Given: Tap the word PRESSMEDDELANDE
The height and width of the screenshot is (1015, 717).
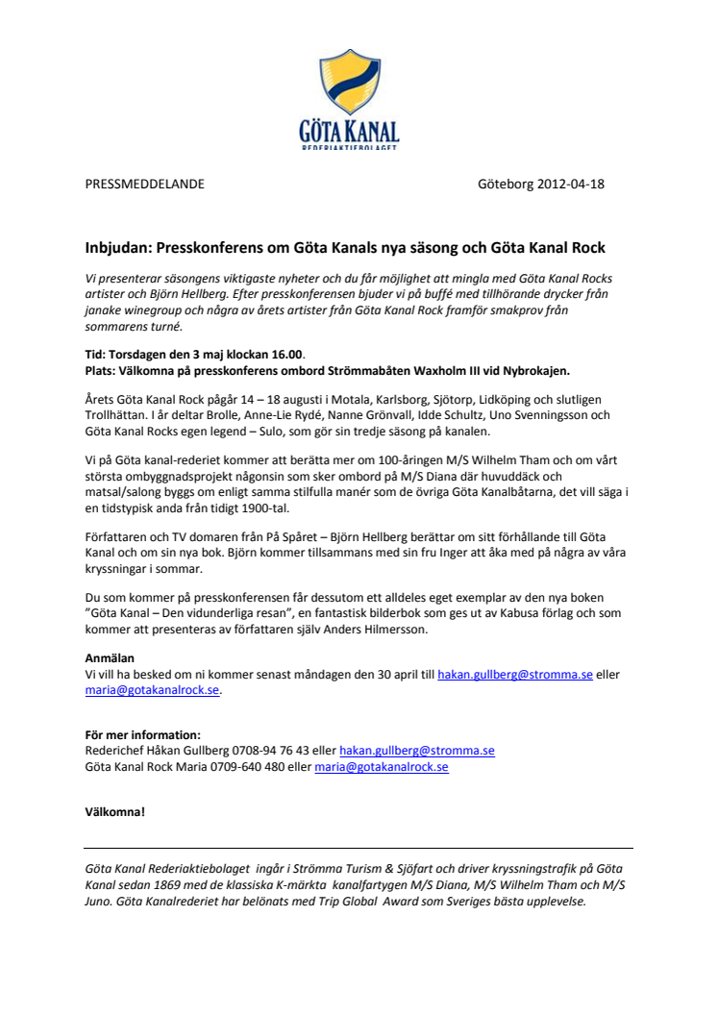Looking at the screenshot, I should [144, 185].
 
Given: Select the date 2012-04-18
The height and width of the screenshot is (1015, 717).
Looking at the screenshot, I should [571, 185].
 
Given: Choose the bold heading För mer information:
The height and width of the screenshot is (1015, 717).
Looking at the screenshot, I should [143, 735].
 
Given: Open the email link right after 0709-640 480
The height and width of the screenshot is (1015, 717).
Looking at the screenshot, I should [381, 766].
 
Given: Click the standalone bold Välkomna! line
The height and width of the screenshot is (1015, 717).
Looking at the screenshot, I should [115, 812].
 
